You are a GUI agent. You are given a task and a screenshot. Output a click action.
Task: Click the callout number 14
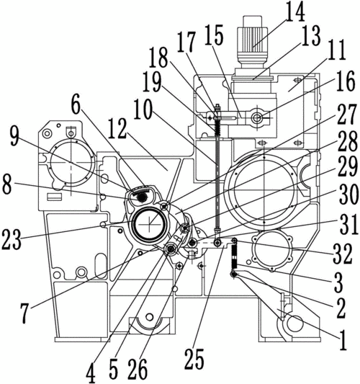click(x=296, y=12)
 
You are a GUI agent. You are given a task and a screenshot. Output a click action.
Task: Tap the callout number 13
click(x=311, y=35)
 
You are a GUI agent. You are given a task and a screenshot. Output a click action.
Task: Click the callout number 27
click(x=346, y=114)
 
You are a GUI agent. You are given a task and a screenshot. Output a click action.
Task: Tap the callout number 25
click(x=194, y=359)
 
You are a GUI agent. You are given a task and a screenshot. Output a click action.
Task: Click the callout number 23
click(x=12, y=239)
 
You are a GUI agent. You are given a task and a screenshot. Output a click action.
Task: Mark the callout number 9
click(x=14, y=136)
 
